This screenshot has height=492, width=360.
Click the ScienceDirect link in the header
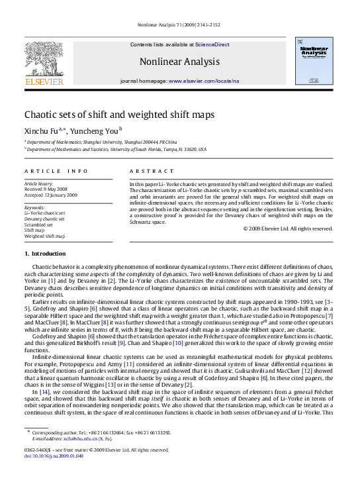coord(212,44)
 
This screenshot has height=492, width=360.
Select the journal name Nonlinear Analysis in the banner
coord(179,62)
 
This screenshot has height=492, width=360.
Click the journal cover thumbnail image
coord(314,62)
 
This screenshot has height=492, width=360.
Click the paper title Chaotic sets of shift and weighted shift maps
coord(119,115)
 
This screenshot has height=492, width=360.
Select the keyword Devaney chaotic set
coord(44,219)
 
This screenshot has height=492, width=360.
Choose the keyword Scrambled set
coord(39,224)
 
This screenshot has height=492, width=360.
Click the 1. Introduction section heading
coord(45,254)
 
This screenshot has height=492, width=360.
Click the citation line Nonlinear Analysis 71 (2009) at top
coord(180,31)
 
